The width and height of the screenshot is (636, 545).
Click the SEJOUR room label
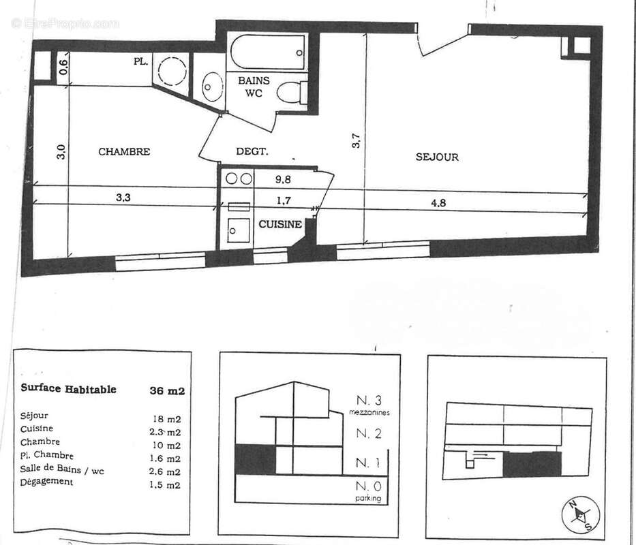click(437, 157)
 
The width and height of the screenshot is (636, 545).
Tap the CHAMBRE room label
click(124, 152)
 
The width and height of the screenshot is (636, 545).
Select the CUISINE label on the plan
click(279, 224)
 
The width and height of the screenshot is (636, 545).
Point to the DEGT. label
click(252, 152)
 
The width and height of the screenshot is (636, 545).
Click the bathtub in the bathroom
click(268, 52)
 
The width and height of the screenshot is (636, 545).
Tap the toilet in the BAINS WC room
click(294, 92)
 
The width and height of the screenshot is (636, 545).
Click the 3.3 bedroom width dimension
click(123, 198)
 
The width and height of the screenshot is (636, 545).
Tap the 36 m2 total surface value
click(167, 391)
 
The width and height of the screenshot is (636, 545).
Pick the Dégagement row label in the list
click(47, 482)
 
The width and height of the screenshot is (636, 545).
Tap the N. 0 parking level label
click(367, 486)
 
